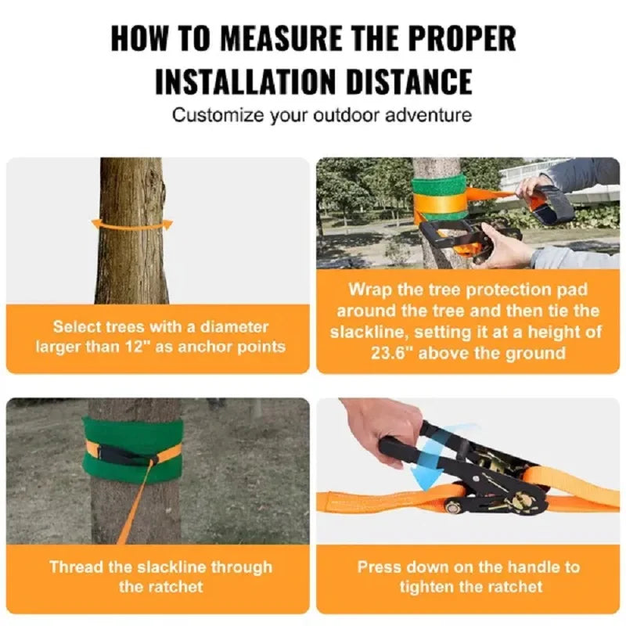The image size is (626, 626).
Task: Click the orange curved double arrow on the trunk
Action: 132,225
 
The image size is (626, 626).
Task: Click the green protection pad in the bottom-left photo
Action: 133,450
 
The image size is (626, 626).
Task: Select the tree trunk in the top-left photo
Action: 131,258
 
